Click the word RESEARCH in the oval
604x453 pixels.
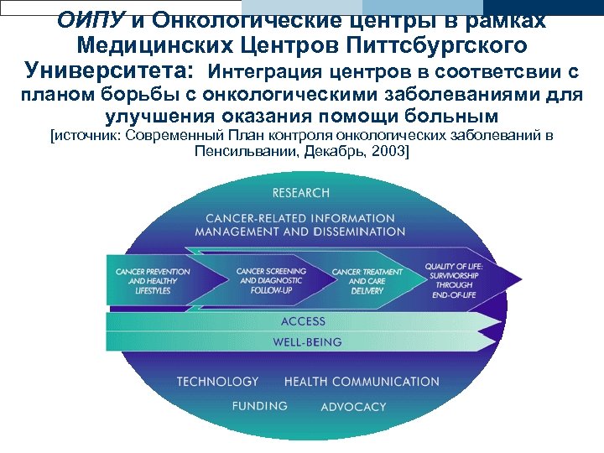[x=301, y=193]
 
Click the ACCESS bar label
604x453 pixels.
[x=303, y=321]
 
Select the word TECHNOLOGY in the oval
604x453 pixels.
[x=217, y=382]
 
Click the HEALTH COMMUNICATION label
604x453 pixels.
[x=362, y=382]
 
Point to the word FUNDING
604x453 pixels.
[x=260, y=406]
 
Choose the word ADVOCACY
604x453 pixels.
[x=353, y=407]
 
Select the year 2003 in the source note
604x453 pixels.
[x=388, y=152]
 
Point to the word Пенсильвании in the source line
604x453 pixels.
[x=242, y=152]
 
